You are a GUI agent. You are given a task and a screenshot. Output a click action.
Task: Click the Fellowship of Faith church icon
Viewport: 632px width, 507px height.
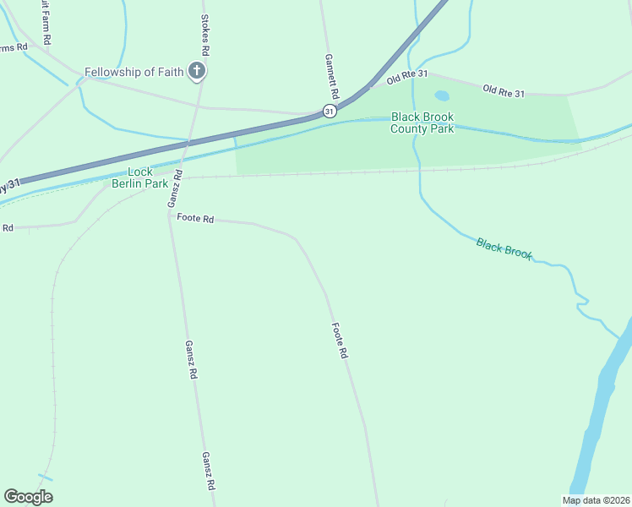[x=197, y=72]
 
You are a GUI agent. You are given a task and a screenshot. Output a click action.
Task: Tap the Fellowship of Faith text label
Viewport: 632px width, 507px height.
[x=133, y=72]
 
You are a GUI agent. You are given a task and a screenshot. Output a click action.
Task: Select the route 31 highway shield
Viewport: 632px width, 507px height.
[x=330, y=111]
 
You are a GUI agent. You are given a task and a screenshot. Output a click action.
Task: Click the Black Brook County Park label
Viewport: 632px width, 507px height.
[x=422, y=123]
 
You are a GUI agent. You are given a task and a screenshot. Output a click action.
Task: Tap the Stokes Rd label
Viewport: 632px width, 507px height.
[x=204, y=35]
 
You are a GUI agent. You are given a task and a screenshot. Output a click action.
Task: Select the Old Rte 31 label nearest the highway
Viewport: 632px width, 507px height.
[x=408, y=79]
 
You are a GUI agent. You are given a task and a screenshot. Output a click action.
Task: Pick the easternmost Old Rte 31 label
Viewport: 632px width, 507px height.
[x=504, y=90]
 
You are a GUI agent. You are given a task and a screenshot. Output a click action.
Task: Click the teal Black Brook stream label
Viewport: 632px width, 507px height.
[x=504, y=248]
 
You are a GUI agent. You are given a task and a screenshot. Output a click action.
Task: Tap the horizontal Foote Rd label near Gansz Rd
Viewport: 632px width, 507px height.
[x=195, y=218]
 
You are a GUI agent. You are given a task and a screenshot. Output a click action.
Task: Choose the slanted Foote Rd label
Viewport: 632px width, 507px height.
[x=340, y=341]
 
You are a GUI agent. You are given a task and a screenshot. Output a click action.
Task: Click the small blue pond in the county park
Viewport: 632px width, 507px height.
[x=441, y=96]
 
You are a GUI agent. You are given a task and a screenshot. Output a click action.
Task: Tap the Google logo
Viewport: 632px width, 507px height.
[x=28, y=496]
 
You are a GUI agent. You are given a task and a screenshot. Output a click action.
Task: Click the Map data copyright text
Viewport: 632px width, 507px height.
[x=596, y=500]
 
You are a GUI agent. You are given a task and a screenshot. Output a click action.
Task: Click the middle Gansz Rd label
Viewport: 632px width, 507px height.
[x=192, y=359]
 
